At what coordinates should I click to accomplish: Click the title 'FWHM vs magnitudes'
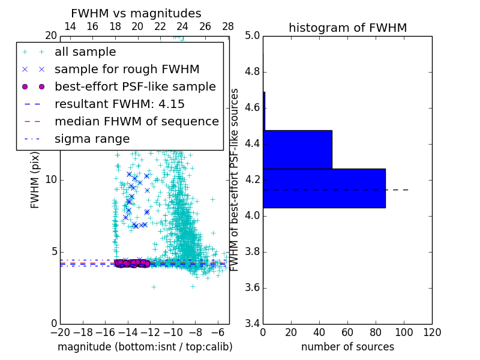(x=136, y=13)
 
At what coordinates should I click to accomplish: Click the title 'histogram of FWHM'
(x=347, y=28)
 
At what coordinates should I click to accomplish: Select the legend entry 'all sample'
(x=85, y=52)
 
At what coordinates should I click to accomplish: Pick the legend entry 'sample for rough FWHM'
(x=127, y=70)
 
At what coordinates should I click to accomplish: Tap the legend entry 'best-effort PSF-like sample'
(x=135, y=87)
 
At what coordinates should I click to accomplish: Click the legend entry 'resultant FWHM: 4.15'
(x=119, y=104)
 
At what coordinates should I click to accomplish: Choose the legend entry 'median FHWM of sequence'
(x=136, y=122)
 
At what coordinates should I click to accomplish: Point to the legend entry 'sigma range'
(x=92, y=139)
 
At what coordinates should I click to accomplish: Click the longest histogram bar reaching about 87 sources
(x=324, y=188)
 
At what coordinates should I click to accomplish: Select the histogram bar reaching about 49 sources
(x=297, y=149)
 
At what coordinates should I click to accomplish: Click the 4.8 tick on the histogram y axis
(x=252, y=72)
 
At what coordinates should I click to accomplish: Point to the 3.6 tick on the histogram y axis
(x=252, y=287)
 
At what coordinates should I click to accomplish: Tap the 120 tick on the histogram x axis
(x=432, y=332)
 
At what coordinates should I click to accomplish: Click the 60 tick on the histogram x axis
(x=347, y=332)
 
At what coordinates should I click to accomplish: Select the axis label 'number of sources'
(x=347, y=347)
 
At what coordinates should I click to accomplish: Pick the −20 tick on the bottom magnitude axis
(x=60, y=332)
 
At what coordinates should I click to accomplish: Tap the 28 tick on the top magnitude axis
(x=228, y=26)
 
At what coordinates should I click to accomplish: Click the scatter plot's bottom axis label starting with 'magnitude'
(x=145, y=347)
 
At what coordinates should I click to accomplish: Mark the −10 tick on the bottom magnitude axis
(x=173, y=332)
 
